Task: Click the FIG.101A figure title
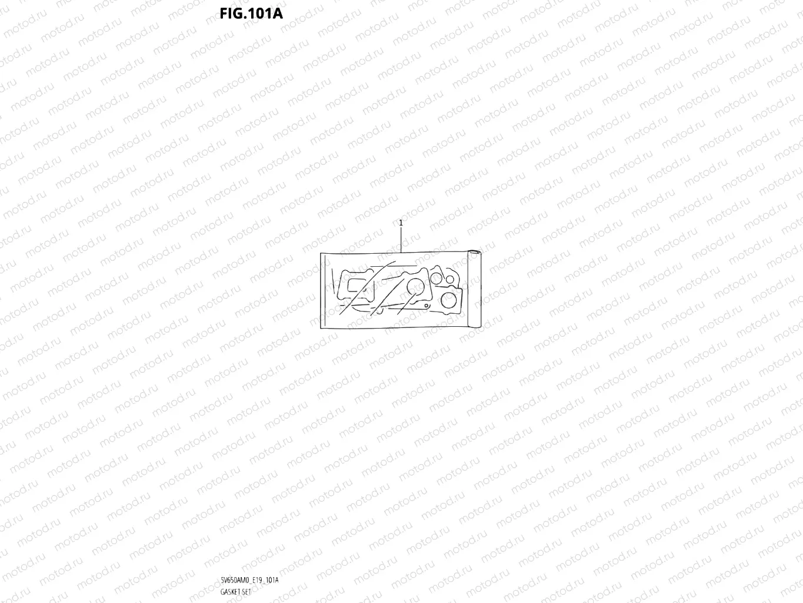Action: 252,12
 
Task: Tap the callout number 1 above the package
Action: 401,223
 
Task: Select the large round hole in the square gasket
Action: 451,300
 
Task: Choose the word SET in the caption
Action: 246,591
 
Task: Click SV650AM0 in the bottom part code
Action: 234,580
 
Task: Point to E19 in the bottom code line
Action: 256,580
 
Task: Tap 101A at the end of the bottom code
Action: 272,580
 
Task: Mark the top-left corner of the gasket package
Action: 321,254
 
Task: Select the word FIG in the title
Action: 233,12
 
